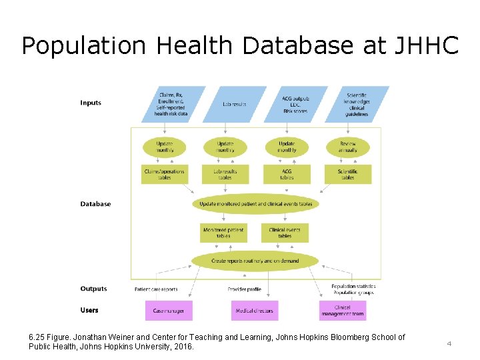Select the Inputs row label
91,103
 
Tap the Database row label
95,204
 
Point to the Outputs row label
93,289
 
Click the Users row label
89,310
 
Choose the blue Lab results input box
234,105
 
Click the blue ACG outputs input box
295,105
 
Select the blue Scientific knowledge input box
357,105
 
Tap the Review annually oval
348,147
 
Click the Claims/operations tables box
165,175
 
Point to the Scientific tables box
347,175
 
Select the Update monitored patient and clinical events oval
255,204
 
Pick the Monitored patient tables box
223,233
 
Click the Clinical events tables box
285,233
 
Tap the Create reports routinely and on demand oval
255,261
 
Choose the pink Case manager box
169,311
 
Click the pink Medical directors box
255,311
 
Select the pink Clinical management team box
343,311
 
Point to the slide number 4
449,343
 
